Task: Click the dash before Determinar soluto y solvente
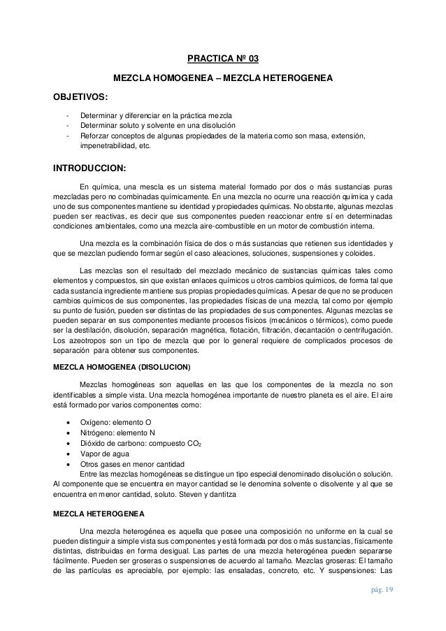pos(66,125)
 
